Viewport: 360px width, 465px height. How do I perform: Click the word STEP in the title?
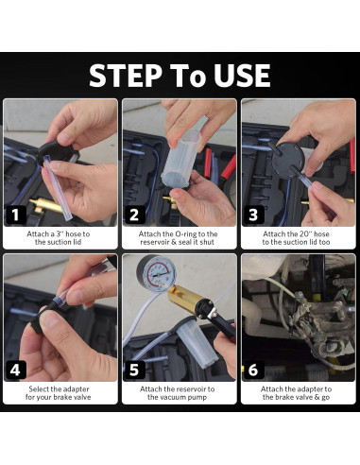[126, 76]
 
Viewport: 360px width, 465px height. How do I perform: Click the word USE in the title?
[242, 76]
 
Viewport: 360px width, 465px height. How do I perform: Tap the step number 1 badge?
[15, 215]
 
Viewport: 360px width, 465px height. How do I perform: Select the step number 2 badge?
[134, 215]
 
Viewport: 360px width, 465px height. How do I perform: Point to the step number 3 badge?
[253, 215]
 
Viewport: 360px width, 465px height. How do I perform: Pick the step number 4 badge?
[15, 370]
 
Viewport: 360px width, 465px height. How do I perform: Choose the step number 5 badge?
[134, 370]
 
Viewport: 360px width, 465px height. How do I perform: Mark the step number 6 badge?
[253, 370]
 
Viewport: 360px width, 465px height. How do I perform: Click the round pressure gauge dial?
[156, 273]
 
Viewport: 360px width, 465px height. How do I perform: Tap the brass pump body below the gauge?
[185, 300]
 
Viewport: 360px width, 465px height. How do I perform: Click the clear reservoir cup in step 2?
[181, 159]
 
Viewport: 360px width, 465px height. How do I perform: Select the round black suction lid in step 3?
[289, 160]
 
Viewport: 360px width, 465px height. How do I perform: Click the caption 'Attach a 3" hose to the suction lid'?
[59, 238]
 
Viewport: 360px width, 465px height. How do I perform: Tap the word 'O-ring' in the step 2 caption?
[185, 234]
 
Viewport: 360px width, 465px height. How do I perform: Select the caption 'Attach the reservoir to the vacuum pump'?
[178, 393]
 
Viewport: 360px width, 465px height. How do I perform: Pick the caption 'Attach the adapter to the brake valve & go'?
[296, 393]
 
